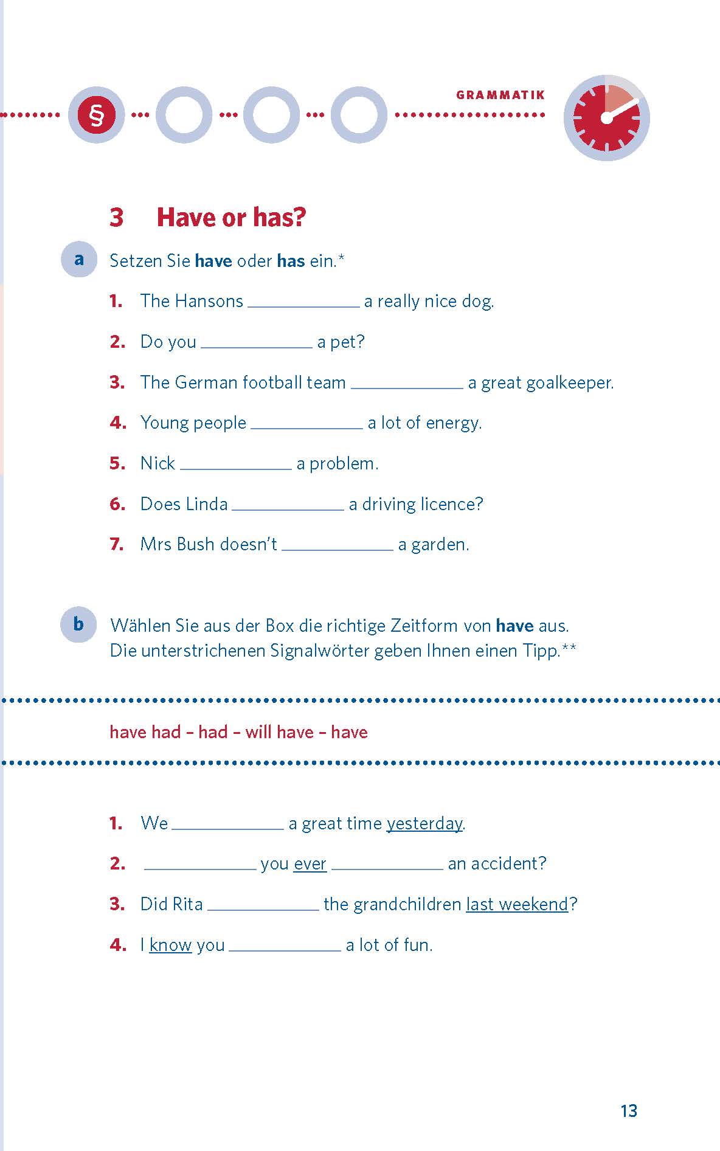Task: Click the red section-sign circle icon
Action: (96, 115)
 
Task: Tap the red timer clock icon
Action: (606, 118)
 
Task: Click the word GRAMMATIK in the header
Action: (500, 95)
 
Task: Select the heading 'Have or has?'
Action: (231, 217)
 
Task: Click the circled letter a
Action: (79, 260)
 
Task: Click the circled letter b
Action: (78, 624)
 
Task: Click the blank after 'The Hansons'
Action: (303, 301)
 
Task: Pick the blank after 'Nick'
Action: (236, 463)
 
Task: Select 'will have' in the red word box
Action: (280, 731)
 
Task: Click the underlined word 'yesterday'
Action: (424, 823)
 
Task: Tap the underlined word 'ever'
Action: (310, 864)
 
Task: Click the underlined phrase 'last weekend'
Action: (517, 904)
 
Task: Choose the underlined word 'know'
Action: (170, 945)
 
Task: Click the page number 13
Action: (629, 1111)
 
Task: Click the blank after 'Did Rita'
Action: (263, 904)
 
